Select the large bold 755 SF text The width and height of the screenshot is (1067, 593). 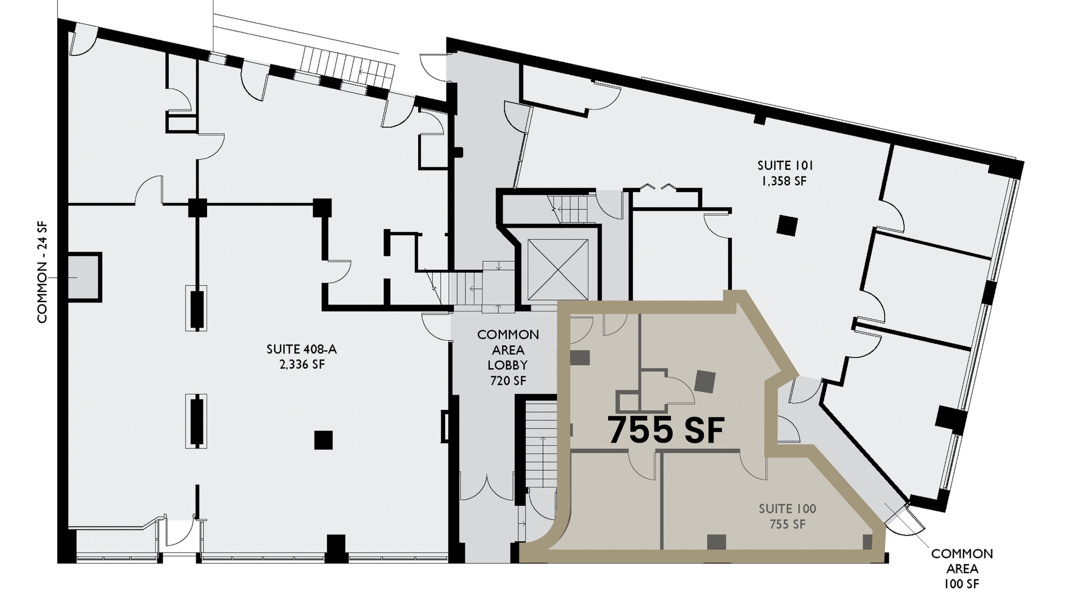click(x=666, y=430)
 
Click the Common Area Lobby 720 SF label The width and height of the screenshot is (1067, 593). click(x=508, y=357)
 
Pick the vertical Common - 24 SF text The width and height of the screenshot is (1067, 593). click(x=42, y=272)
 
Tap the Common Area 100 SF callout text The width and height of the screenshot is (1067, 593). click(x=962, y=568)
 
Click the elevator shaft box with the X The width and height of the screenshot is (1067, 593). click(x=558, y=270)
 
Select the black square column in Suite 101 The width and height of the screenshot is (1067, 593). click(x=787, y=225)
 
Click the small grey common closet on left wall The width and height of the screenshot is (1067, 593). click(x=84, y=277)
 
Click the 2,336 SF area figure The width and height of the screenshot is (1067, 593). click(x=302, y=365)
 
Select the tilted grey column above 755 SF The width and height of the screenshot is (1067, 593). click(x=706, y=381)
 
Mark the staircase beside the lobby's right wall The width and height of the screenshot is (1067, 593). click(x=541, y=444)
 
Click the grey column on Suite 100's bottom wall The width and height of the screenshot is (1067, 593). click(x=716, y=542)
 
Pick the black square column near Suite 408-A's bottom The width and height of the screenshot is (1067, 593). click(x=323, y=440)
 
